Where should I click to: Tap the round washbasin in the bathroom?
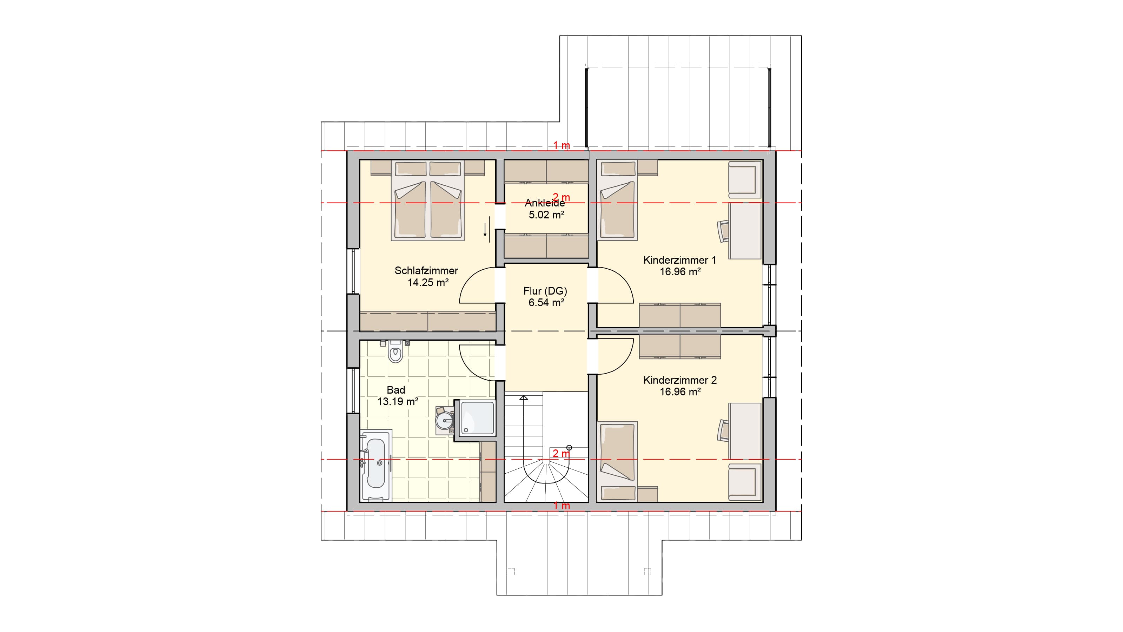[x=445, y=421]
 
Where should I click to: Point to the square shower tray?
[x=475, y=418]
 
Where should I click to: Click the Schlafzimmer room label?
[x=426, y=270]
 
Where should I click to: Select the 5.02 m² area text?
[x=547, y=215]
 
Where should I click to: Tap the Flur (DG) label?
[x=545, y=291]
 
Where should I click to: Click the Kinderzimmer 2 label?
[x=680, y=380]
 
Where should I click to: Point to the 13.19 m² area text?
[x=398, y=402]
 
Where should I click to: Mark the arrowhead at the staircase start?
[x=524, y=398]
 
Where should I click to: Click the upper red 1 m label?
[x=561, y=145]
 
